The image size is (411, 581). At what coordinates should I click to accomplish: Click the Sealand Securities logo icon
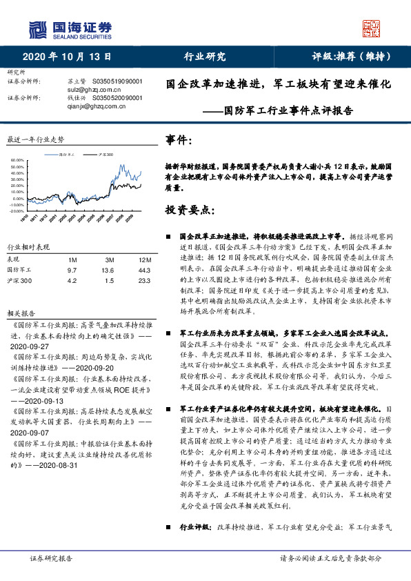click(x=37, y=29)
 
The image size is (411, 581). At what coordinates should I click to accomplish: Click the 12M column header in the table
click(x=145, y=259)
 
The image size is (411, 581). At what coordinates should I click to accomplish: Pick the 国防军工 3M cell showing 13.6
click(x=108, y=270)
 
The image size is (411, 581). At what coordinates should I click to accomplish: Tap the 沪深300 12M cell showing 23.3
click(x=144, y=281)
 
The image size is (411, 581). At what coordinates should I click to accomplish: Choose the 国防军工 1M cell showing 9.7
click(x=72, y=270)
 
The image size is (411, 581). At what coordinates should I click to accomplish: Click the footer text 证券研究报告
click(x=51, y=558)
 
